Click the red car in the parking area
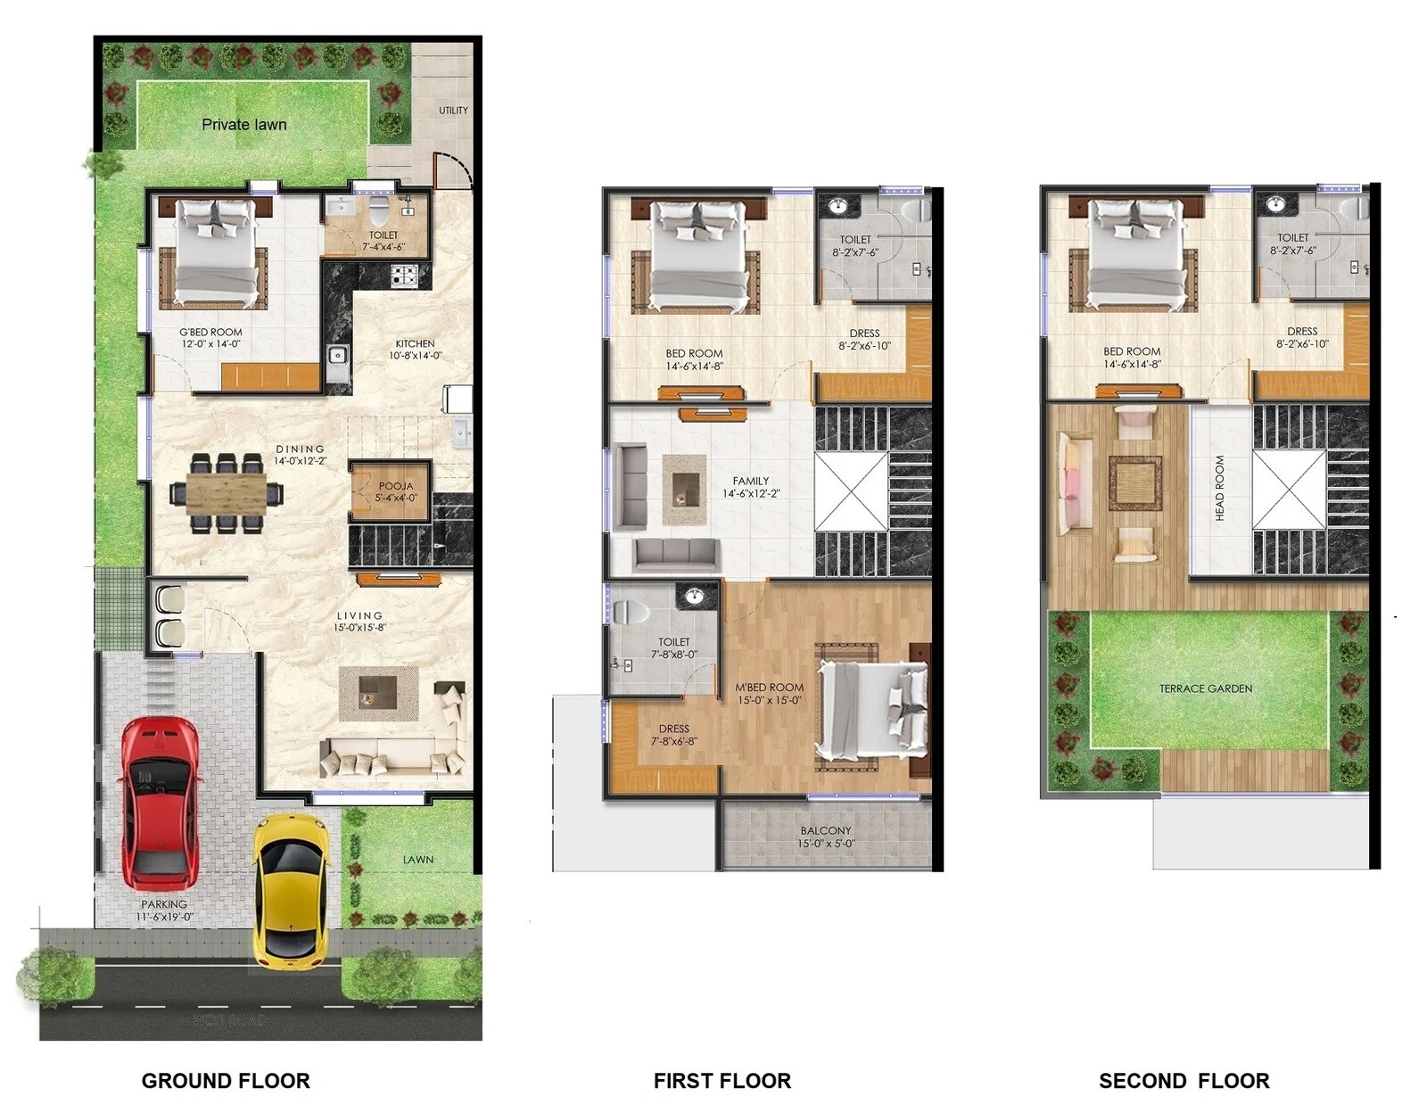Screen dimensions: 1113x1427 [x=161, y=803]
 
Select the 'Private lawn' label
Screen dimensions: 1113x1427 [x=243, y=125]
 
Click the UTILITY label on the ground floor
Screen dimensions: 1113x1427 [x=453, y=111]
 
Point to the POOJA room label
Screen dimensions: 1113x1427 [x=395, y=486]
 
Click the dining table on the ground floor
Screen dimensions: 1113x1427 [x=227, y=492]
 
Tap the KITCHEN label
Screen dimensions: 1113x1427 [x=415, y=343]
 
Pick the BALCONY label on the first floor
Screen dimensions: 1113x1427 [x=826, y=830]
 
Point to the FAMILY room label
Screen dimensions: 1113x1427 [x=750, y=481]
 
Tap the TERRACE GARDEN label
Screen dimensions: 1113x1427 [x=1206, y=688]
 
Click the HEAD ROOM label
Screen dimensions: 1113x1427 [x=1219, y=489]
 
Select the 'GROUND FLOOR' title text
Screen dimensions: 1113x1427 [x=226, y=1081]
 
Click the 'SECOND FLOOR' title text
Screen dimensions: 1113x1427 [x=1184, y=1081]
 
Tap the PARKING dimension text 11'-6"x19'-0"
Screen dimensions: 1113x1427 [x=164, y=917]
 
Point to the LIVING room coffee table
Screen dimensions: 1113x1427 [x=378, y=693]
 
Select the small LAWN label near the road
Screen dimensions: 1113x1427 [x=417, y=860]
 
